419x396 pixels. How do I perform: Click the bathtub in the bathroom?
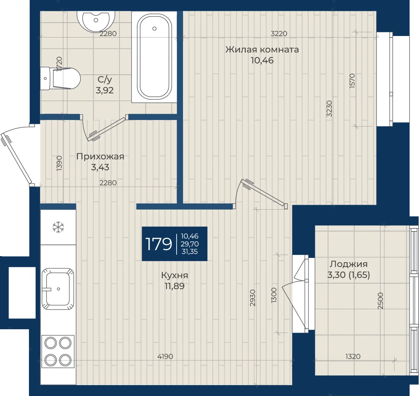(154, 57)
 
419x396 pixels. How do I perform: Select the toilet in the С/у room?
(60, 78)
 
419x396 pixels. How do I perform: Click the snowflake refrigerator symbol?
(58, 228)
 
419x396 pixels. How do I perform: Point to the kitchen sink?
(58, 289)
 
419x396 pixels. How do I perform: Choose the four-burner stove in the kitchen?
(58, 351)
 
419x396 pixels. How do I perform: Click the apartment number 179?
(159, 244)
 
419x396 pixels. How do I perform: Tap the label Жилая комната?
(262, 49)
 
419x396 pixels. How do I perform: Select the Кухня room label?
(174, 275)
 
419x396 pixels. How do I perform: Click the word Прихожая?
(100, 156)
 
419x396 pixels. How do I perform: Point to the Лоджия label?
(348, 264)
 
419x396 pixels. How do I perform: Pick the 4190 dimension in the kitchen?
(165, 356)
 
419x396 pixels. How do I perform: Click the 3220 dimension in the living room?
(279, 34)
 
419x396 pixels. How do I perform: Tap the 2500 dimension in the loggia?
(381, 301)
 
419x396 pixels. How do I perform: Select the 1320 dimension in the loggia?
(353, 356)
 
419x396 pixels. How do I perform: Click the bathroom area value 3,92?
(104, 90)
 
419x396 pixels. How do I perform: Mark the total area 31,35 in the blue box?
(189, 252)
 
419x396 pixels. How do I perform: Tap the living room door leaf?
(264, 193)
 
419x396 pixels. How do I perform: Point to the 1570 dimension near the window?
(352, 81)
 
